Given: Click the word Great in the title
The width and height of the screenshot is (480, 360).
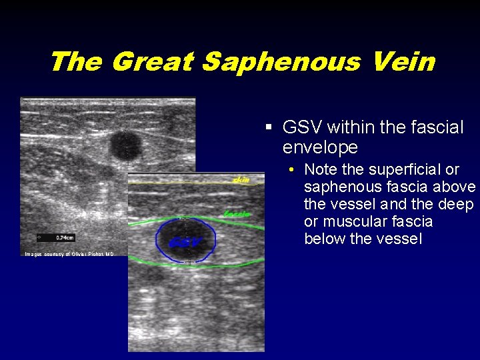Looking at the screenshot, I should pos(151,62).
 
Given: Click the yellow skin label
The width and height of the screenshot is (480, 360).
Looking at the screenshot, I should pos(241,179).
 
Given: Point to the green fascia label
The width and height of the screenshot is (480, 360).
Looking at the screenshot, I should pos(237,214).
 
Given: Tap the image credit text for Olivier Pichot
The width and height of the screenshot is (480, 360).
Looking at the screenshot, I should pos(69,254).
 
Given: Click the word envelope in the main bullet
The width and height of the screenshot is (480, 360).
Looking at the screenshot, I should pos(320,147).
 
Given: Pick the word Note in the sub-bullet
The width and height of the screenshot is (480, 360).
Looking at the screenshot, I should pos(320,169).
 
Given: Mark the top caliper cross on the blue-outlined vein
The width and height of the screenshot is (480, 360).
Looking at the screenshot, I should pos(185,217).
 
